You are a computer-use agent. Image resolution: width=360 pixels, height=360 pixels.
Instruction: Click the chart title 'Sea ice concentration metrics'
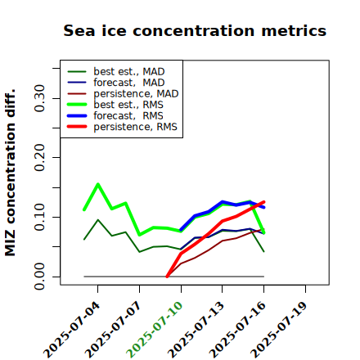[x=195, y=31]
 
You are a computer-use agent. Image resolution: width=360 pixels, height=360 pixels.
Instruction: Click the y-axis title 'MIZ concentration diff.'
[x=10, y=173]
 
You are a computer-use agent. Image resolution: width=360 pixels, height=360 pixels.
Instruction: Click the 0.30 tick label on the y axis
[x=40, y=98]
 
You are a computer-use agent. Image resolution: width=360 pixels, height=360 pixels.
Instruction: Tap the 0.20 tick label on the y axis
[x=40, y=157]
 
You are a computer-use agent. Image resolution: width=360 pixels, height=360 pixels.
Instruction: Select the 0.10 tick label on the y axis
[x=40, y=217]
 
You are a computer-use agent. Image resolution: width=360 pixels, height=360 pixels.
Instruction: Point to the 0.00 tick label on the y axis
[x=40, y=277]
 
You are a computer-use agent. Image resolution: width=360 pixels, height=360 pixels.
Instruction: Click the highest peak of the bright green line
[x=98, y=184]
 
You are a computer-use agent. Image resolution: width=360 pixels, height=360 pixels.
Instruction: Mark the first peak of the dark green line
[x=98, y=220]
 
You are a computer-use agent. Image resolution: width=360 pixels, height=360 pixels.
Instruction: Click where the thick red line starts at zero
[x=167, y=277]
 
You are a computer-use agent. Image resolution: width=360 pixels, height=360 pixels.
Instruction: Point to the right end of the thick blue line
[x=264, y=208]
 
